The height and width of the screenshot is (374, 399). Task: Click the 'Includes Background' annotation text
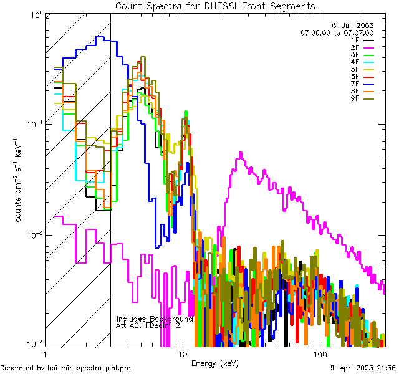pos(155,319)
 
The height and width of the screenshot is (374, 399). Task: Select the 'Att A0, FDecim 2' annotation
pos(148,326)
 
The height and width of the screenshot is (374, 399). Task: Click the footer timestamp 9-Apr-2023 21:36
pos(363,368)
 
